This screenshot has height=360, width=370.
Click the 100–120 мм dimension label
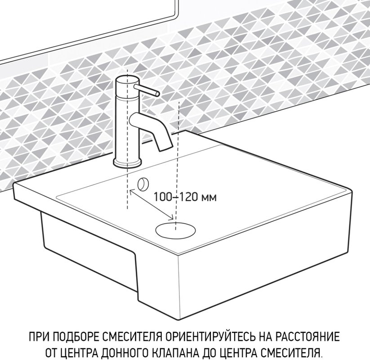pyautogui.click(x=185, y=197)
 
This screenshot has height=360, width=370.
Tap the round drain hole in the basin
pyautogui.click(x=175, y=230)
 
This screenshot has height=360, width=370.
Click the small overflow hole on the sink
pyautogui.click(x=143, y=184)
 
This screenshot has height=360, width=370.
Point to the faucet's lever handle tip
pyautogui.click(x=157, y=94)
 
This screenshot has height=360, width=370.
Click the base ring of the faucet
pyautogui.click(x=127, y=162)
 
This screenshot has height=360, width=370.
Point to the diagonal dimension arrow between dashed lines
pyautogui.click(x=151, y=205)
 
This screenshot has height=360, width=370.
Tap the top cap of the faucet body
pyautogui.click(x=127, y=80)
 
